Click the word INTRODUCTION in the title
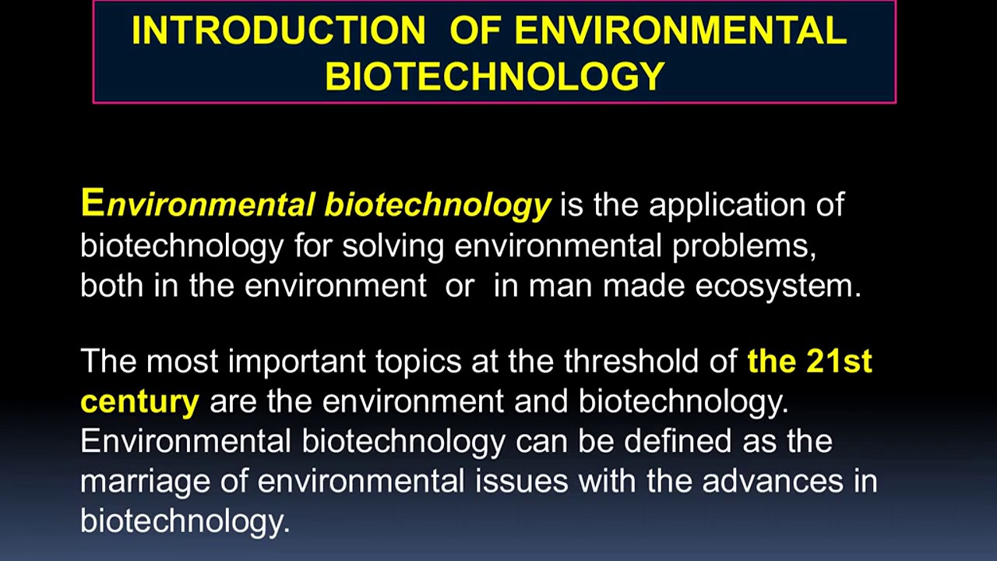[278, 31]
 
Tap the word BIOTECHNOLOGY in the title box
[495, 76]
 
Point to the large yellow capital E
[92, 203]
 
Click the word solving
[393, 245]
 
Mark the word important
[297, 362]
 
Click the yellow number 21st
[840, 362]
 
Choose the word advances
[773, 482]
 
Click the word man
[562, 285]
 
